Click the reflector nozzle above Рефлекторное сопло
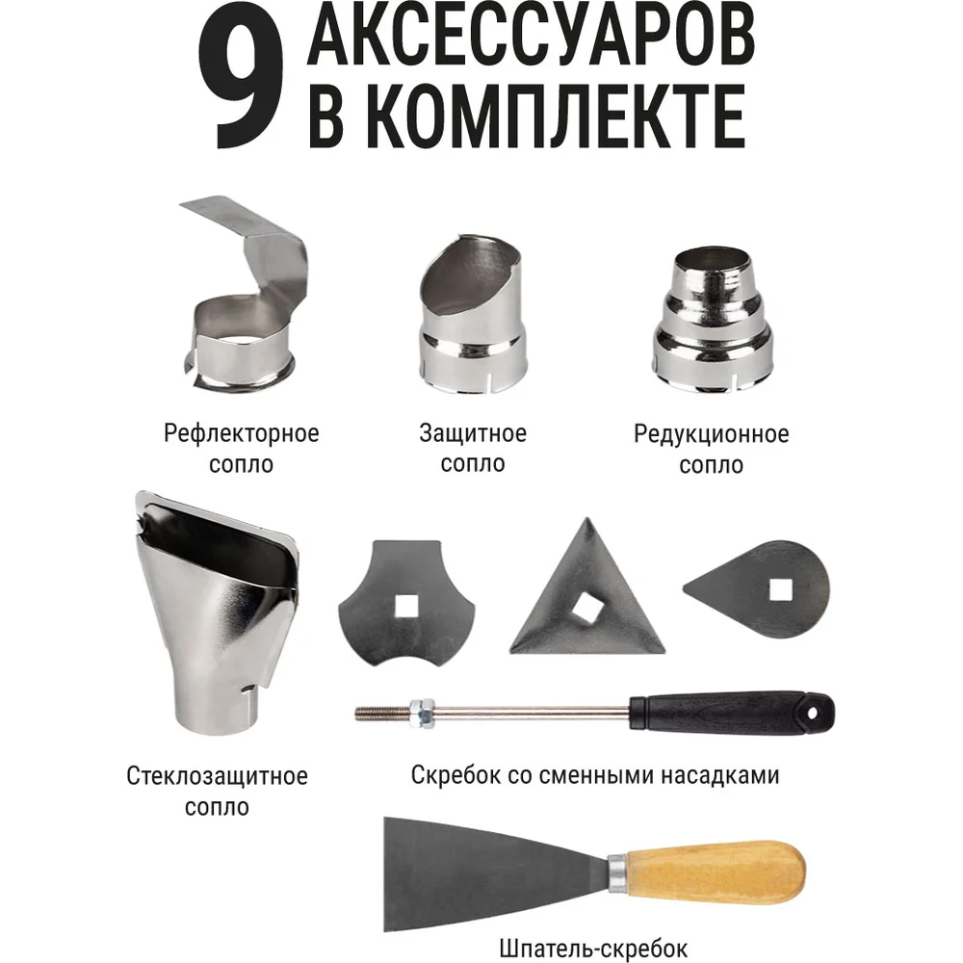(x=246, y=294)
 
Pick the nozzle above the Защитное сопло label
(x=472, y=314)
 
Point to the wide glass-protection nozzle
(x=216, y=614)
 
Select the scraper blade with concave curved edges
(x=406, y=605)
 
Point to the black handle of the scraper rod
(x=732, y=714)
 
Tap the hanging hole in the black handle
(x=813, y=714)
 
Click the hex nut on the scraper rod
(x=422, y=714)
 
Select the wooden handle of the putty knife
(x=708, y=872)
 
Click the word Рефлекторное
(x=242, y=433)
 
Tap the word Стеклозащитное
(x=217, y=775)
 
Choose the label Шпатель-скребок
(x=593, y=949)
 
